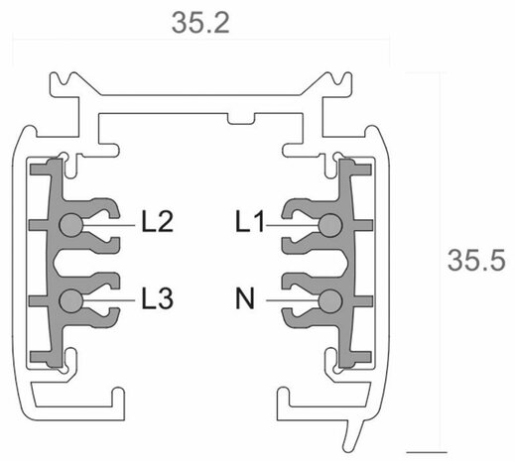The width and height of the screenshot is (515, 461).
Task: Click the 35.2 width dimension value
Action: (x=201, y=23)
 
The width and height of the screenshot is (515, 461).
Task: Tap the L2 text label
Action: (x=158, y=222)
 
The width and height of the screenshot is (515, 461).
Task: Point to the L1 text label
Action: (x=250, y=222)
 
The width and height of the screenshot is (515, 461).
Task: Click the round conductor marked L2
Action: (x=69, y=226)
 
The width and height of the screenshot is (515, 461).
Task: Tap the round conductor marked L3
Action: (x=69, y=299)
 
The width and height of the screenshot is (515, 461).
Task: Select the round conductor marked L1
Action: (x=326, y=226)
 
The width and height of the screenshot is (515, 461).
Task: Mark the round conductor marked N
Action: (x=326, y=299)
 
